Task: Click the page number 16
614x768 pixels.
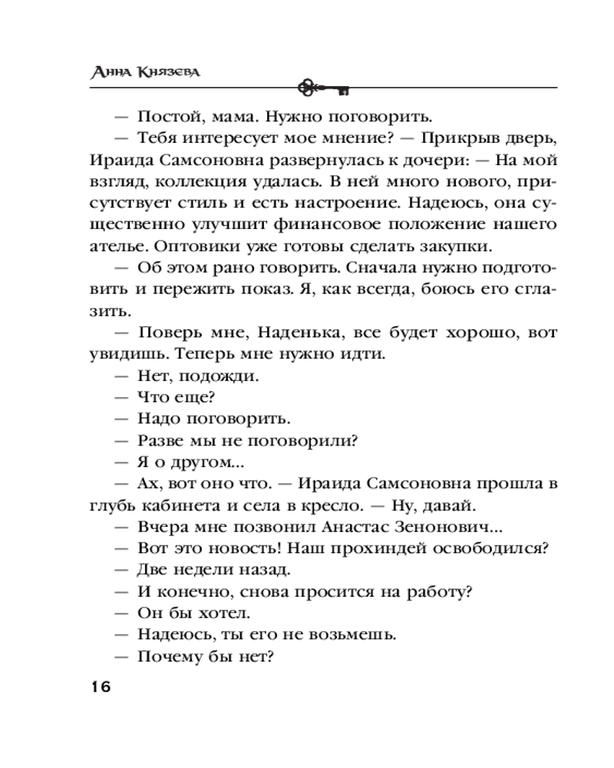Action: tap(100, 686)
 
